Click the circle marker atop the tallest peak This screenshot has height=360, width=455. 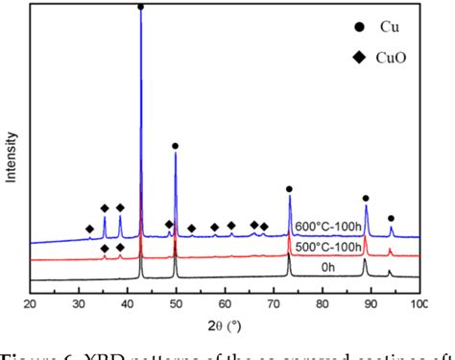pos(141,7)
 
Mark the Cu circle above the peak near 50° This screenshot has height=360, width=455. pos(175,146)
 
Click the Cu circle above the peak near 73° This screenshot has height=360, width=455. pos(289,189)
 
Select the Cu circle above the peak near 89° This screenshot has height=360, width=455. pos(366,199)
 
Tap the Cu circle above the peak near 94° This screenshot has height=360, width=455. pos(391,219)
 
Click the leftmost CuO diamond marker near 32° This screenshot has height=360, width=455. pos(89,228)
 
